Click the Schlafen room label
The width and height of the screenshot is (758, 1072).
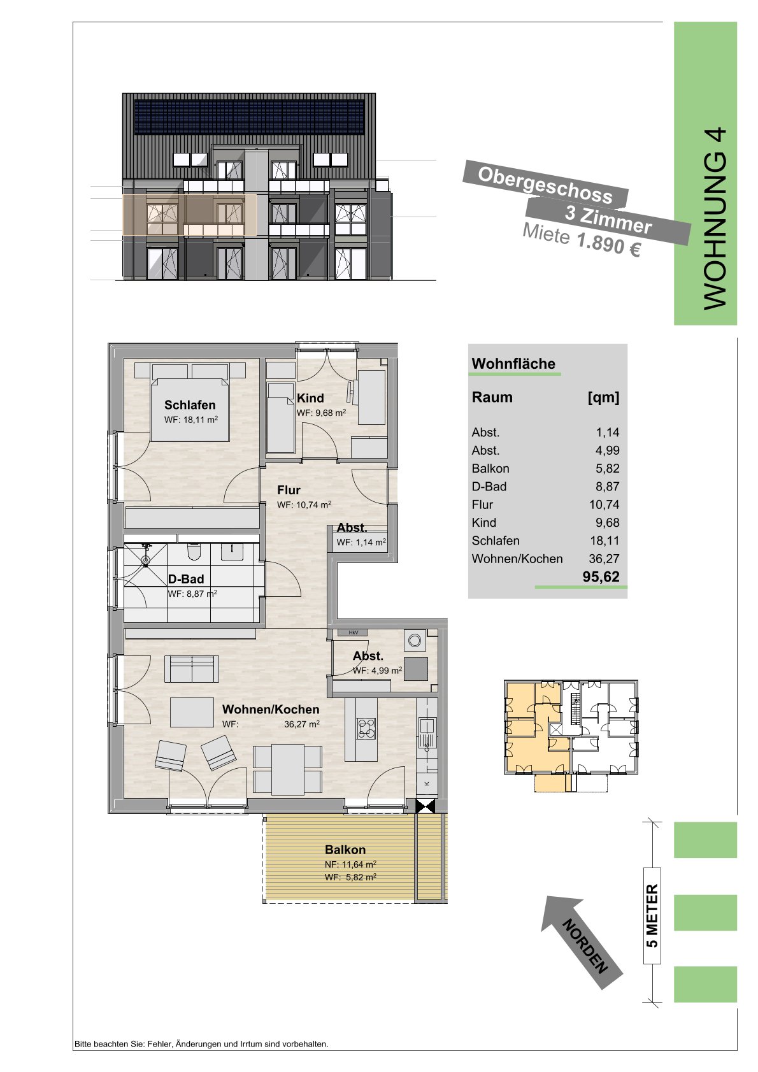(190, 405)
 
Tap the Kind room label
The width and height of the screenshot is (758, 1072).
(310, 397)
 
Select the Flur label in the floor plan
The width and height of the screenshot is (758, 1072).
(289, 490)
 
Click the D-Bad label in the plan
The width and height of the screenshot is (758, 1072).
(185, 579)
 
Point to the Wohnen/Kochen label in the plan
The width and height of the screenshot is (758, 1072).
(270, 709)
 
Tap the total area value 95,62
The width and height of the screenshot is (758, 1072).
(601, 576)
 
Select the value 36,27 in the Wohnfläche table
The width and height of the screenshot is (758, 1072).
(604, 559)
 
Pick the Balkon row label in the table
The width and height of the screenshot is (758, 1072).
(490, 469)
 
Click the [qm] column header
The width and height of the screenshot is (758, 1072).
(603, 397)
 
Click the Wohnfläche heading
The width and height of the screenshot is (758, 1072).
(513, 364)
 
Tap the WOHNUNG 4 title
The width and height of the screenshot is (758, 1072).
(715, 218)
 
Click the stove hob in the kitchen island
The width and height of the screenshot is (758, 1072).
(367, 729)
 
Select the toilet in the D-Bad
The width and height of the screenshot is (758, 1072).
(194, 552)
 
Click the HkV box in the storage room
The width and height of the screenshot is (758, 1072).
(353, 632)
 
